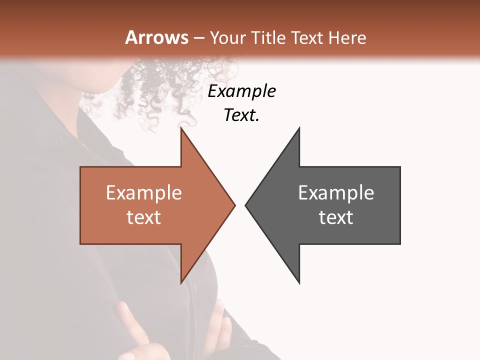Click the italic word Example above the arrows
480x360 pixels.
pyautogui.click(x=242, y=91)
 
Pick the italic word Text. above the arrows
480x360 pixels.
pyautogui.click(x=242, y=115)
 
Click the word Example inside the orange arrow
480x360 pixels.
pyautogui.click(x=144, y=192)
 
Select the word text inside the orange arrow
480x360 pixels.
pyautogui.click(x=144, y=217)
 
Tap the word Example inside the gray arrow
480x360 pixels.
pyautogui.click(x=336, y=192)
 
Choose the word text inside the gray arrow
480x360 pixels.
pyautogui.click(x=336, y=217)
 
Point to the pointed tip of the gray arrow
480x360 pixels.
pyautogui.click(x=246, y=204)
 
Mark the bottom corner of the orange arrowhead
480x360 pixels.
pyautogui.click(x=181, y=281)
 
